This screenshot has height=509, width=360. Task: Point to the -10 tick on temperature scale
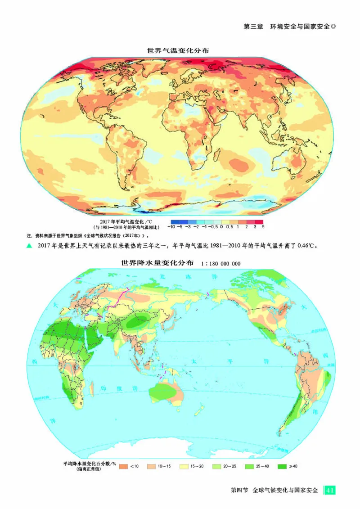tap(171, 228)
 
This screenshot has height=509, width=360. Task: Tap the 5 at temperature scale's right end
tap(263, 228)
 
